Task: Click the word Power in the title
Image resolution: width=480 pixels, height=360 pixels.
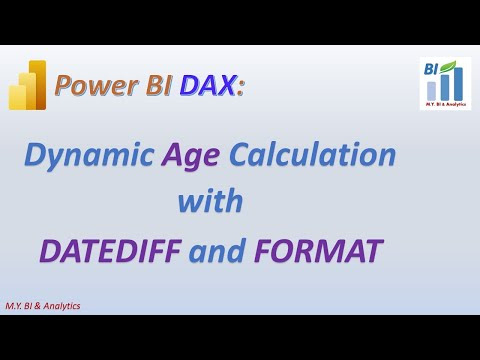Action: pos(96,85)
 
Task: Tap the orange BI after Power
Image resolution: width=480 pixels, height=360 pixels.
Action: pos(159,84)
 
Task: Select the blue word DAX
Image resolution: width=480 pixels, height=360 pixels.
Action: pos(207,85)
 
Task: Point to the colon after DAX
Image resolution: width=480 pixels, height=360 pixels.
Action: pos(240,87)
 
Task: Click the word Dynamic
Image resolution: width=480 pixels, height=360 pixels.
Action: pos(89,156)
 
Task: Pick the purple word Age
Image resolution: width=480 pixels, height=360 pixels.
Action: pos(190,156)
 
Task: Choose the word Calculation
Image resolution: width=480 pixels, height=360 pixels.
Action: pos(312,154)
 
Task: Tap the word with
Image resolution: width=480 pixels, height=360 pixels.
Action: pos(210,200)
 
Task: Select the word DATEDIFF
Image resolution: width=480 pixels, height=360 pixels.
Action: pos(111,251)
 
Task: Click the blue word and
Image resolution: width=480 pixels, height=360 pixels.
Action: pos(218,251)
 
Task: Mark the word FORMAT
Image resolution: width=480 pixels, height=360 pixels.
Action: pos(318,251)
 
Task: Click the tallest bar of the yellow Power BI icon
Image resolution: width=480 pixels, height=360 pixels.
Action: pos(38,85)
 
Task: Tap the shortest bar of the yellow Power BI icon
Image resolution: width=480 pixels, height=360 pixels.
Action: pos(17,97)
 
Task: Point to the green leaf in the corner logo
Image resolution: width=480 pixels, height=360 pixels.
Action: pos(448,67)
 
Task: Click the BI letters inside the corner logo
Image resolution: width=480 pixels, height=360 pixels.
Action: pos(431,70)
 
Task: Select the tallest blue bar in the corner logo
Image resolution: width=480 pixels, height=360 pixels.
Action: pos(458,84)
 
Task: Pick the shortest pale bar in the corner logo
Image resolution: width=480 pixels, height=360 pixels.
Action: pos(431,91)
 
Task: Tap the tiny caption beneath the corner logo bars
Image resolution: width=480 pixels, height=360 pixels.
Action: pos(445,104)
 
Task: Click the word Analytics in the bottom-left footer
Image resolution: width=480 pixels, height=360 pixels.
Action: pos(62,306)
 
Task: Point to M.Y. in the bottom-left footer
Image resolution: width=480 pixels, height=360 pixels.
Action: pos(14,306)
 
